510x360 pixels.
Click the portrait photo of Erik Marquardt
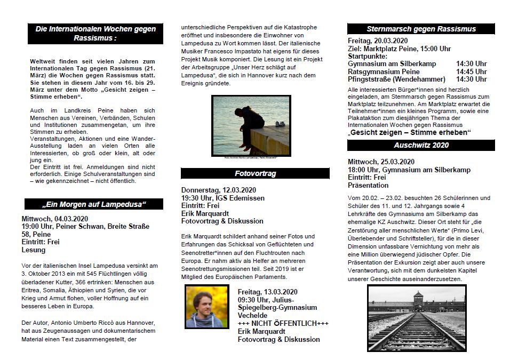[x=207, y=306]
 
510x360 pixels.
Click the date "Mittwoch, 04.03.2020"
[x=55, y=219]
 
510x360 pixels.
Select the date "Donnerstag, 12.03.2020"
[x=219, y=190]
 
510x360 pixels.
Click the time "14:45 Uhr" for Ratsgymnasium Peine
[x=471, y=71]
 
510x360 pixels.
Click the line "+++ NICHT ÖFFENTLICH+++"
[x=283, y=323]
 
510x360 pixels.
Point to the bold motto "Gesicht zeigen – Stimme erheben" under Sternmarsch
[x=409, y=132]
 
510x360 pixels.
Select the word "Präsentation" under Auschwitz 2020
[x=368, y=185]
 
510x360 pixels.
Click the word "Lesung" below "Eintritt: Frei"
[x=34, y=250]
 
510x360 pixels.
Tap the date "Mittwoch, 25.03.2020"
[x=380, y=162]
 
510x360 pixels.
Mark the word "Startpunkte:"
[x=368, y=56]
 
